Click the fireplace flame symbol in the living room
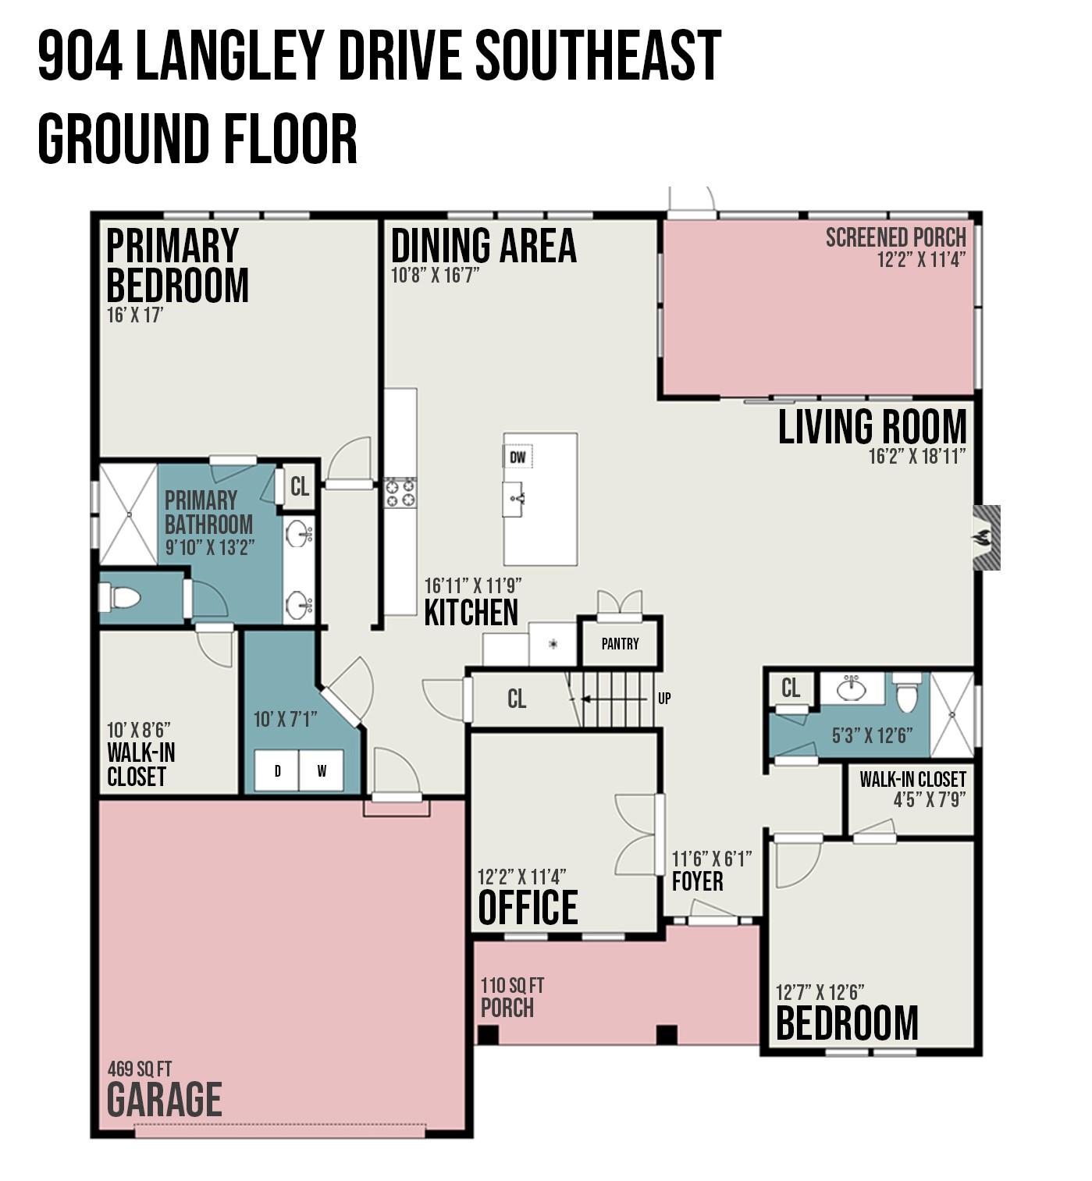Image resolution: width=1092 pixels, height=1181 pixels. (x=980, y=537)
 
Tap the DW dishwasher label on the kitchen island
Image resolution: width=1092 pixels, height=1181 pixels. (x=518, y=457)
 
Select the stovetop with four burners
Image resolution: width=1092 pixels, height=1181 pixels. (x=400, y=493)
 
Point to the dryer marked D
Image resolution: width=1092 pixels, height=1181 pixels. (x=277, y=771)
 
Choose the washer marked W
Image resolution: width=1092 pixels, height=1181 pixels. (x=321, y=771)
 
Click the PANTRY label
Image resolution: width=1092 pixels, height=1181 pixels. (x=620, y=643)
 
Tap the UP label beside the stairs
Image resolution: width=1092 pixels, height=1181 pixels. (x=663, y=698)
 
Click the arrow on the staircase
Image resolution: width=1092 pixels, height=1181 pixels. (x=614, y=699)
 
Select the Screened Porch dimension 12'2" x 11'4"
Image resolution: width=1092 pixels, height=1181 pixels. (x=921, y=260)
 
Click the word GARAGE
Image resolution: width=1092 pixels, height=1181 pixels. (x=164, y=1099)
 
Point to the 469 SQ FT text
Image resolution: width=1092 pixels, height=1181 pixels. (x=139, y=1069)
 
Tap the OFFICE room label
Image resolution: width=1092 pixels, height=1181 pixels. (x=528, y=907)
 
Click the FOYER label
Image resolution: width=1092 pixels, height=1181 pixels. (x=697, y=881)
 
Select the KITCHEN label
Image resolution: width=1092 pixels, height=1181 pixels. (x=471, y=612)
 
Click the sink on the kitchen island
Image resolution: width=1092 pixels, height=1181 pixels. (x=514, y=500)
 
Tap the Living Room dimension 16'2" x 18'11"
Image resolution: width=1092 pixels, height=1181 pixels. (x=916, y=456)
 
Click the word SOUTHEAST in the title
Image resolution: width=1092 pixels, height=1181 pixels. (x=598, y=56)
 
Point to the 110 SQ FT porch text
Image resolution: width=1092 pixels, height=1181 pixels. (x=512, y=985)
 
